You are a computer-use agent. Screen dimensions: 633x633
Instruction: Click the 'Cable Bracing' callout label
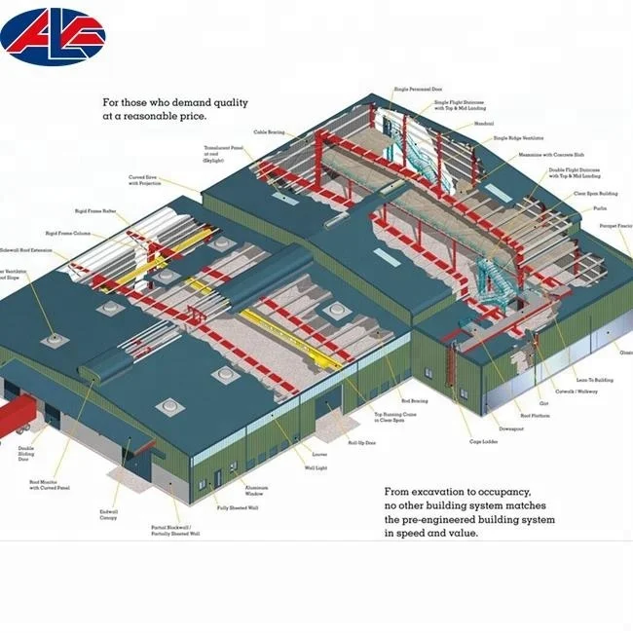[x=269, y=131]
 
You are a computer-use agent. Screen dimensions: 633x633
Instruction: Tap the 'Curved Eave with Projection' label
[x=146, y=180]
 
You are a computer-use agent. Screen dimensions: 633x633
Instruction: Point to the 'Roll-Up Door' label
[x=362, y=442]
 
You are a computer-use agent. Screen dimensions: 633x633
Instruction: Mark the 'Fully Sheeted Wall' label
[x=237, y=507]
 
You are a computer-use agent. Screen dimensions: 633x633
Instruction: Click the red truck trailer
[x=16, y=417]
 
